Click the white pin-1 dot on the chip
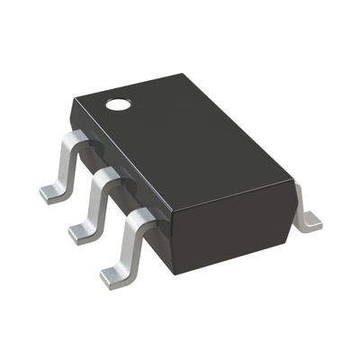point(117,104)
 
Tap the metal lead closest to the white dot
point(65,166)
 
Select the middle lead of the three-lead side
point(96,202)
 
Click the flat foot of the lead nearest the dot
point(52,192)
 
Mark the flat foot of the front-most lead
point(115,274)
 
